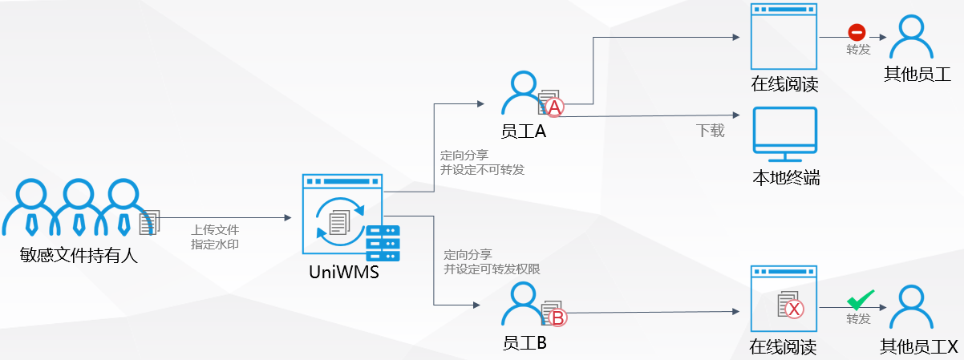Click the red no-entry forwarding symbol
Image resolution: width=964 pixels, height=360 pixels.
[857, 33]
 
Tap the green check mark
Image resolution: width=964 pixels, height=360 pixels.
[860, 301]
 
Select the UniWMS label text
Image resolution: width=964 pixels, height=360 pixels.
[344, 273]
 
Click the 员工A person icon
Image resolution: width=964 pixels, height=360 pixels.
[523, 93]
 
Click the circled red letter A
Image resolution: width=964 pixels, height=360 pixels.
[554, 107]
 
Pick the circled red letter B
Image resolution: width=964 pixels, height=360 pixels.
[557, 318]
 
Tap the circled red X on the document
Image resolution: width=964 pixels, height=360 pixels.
[794, 309]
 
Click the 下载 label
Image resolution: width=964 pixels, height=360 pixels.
[710, 131]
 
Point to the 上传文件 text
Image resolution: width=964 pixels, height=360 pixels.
[215, 229]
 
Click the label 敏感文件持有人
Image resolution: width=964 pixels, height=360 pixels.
[79, 257]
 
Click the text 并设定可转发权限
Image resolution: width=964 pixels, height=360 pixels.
[492, 269]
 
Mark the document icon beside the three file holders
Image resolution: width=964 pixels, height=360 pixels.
[150, 223]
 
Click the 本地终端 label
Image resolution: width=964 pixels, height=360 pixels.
[785, 178]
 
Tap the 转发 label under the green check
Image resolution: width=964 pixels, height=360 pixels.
[858, 319]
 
